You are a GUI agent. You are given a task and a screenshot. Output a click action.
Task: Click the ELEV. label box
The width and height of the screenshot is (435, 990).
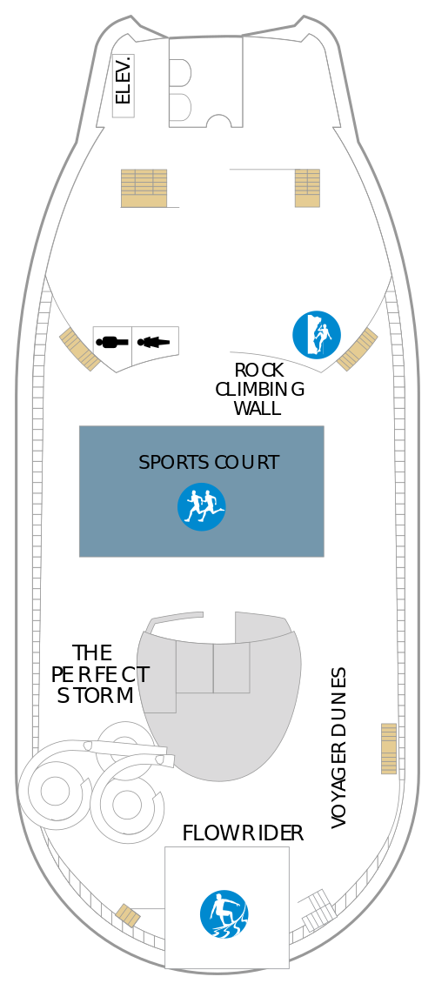(x=124, y=86)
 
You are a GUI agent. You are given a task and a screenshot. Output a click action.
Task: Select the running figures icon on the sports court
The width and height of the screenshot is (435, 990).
(x=201, y=507)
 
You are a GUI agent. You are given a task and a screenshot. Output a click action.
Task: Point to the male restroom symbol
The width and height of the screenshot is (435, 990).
(x=112, y=342)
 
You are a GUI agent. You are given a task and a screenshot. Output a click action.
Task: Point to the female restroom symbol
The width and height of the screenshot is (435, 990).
(x=153, y=342)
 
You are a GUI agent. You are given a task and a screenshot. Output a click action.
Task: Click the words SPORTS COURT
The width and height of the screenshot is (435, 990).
(x=208, y=462)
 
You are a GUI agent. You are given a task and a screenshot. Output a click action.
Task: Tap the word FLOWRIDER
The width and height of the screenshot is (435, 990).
(x=243, y=833)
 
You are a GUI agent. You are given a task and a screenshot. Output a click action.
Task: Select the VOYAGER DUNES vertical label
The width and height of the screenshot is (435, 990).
(x=339, y=748)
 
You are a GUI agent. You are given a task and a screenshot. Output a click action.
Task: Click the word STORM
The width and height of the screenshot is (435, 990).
(x=96, y=695)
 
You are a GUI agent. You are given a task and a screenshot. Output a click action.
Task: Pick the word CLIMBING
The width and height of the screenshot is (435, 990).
(x=259, y=389)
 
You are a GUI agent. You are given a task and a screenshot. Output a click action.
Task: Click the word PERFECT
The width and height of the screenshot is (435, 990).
(x=100, y=674)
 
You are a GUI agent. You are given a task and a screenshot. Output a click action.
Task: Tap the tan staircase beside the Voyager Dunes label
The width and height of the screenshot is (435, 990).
(x=389, y=749)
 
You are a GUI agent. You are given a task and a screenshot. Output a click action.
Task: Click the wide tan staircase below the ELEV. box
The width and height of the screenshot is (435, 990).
(x=144, y=188)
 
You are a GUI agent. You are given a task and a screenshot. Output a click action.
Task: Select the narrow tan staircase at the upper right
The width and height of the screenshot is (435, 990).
(x=307, y=188)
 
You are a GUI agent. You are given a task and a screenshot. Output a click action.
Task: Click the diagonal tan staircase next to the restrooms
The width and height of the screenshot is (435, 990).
(x=80, y=349)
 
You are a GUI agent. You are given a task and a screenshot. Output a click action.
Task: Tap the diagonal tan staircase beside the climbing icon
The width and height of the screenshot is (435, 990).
(x=358, y=349)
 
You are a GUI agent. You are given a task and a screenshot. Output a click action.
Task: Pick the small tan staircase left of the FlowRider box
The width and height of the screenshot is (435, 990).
(x=128, y=915)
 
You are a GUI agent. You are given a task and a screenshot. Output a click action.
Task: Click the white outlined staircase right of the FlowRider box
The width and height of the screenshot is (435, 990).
(x=318, y=911)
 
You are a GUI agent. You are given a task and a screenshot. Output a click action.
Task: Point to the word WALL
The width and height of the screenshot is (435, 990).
(x=257, y=408)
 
